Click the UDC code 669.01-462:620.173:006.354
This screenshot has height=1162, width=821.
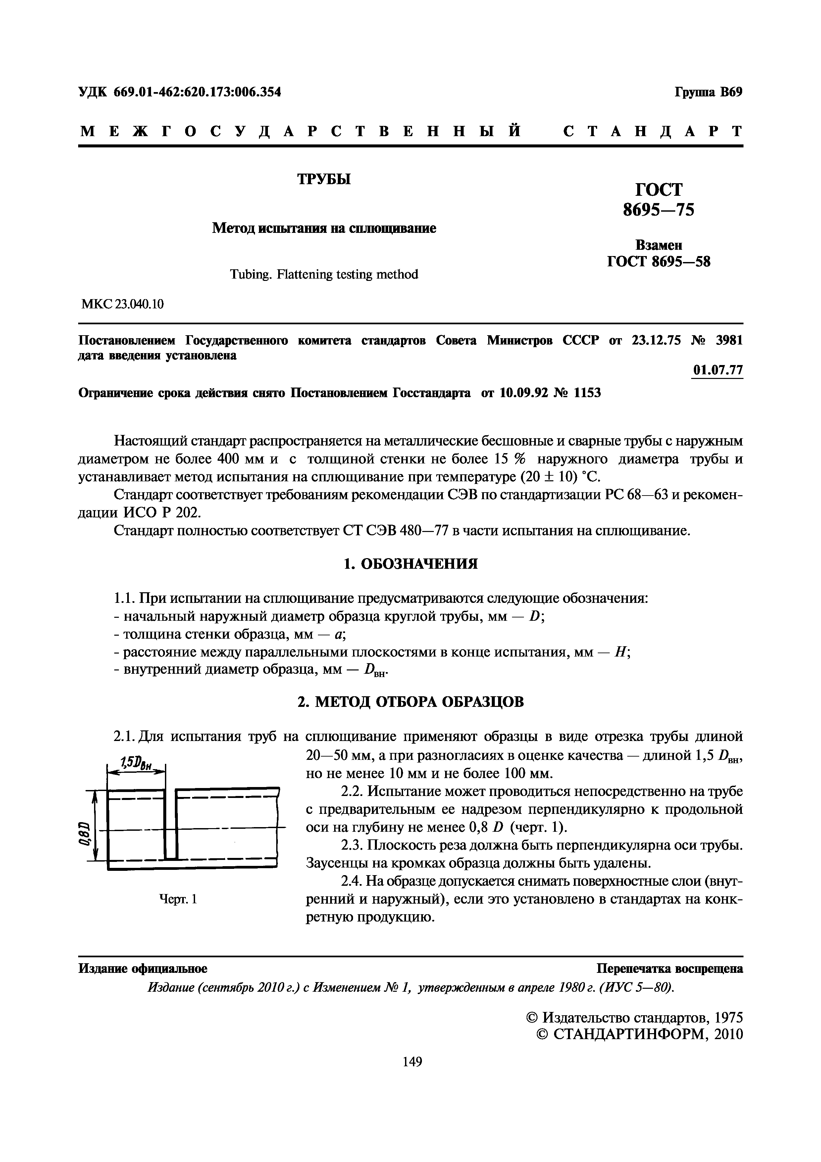click(x=197, y=92)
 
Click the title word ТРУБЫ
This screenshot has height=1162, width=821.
click(x=324, y=179)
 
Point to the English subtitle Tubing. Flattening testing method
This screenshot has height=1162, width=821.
click(x=324, y=274)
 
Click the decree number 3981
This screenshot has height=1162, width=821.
click(x=730, y=340)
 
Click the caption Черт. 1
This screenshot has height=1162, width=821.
click(x=178, y=899)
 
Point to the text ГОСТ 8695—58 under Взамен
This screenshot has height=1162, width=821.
click(x=659, y=262)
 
